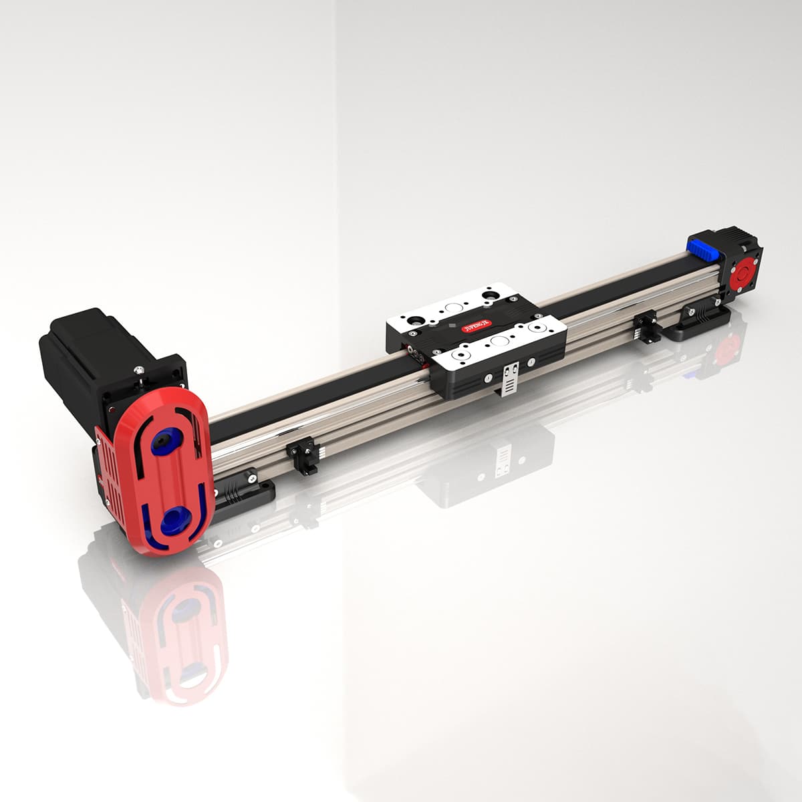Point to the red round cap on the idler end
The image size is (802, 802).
(741, 275)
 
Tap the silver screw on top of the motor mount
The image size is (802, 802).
(139, 370)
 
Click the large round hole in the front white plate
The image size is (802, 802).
(498, 340)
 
